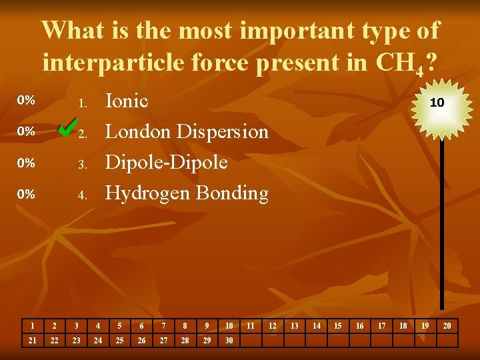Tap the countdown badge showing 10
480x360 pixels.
click(x=437, y=103)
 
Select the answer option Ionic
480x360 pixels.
click(x=127, y=101)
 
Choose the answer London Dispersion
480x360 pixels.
click(x=187, y=132)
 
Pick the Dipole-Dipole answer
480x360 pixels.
click(x=167, y=163)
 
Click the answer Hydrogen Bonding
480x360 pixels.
click(x=187, y=193)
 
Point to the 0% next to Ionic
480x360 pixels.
click(x=26, y=101)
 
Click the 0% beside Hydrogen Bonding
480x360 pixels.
click(x=26, y=194)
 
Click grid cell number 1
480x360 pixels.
click(x=31, y=326)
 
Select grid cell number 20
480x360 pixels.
click(x=447, y=326)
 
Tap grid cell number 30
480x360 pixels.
click(x=229, y=341)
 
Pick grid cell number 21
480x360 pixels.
click(x=31, y=341)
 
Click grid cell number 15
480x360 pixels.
click(x=338, y=326)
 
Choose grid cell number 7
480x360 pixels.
click(x=163, y=326)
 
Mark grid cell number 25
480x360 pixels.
click(x=119, y=341)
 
